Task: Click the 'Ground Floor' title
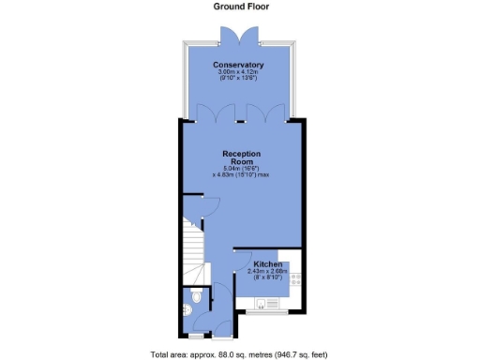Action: point(240,7)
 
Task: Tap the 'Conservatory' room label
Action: point(238,65)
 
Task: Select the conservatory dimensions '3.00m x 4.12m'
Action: point(238,71)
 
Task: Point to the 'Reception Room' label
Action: point(241,157)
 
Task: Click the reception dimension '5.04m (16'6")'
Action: point(241,168)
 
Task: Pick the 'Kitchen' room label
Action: point(267,265)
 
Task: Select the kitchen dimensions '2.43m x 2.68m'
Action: point(268,272)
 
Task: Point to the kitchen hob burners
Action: point(295,278)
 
